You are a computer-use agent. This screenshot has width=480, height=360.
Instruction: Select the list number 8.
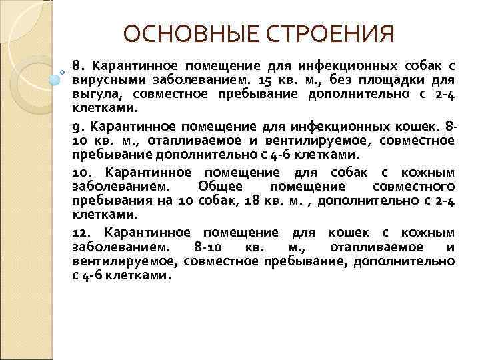click(x=77, y=66)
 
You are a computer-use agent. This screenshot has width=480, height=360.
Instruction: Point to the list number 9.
click(x=77, y=126)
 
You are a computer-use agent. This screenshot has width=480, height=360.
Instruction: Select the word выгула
click(x=94, y=94)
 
